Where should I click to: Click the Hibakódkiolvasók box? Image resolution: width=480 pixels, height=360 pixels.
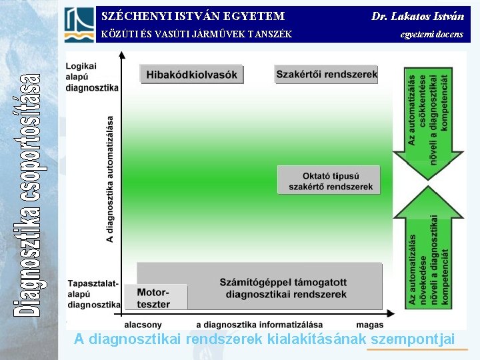[192, 75]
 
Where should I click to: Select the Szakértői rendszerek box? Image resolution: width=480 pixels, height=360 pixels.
[327, 74]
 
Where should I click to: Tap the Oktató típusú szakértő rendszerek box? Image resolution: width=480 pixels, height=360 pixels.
[329, 180]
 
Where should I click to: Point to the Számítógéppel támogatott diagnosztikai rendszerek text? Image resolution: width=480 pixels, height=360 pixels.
[283, 287]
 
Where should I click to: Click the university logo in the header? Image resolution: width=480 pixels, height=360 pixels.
[79, 24]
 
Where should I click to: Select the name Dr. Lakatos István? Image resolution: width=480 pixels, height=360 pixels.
[417, 16]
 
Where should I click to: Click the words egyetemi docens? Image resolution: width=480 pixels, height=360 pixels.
[431, 33]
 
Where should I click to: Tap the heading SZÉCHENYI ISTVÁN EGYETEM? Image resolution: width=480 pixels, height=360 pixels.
[193, 16]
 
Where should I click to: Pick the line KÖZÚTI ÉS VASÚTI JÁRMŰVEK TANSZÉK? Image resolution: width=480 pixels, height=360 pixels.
[196, 34]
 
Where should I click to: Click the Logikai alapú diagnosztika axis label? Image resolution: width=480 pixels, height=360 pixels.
[92, 77]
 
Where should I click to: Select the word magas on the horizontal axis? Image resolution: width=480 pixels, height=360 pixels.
[371, 324]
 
